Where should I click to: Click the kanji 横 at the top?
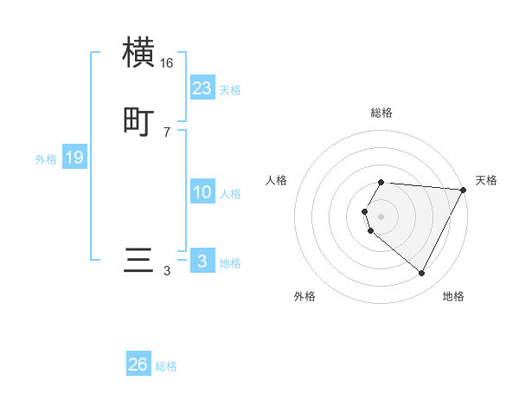point(139,53)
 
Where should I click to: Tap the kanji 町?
point(139,121)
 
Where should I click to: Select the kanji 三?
point(139,261)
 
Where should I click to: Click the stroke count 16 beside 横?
point(167,63)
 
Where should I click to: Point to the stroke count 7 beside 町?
point(167,132)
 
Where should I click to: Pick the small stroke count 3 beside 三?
point(167,271)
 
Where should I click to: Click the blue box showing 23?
point(202,88)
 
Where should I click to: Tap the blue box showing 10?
point(202,192)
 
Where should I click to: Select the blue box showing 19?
point(74,158)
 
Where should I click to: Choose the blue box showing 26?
point(138,365)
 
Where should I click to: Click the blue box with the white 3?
point(202,262)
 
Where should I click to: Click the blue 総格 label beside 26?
point(166,366)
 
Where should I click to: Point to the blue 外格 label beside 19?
point(46,159)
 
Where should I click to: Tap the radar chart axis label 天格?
point(486,180)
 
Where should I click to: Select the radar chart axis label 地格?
point(453,296)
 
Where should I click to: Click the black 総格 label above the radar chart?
point(381,113)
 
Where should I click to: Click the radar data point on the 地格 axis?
point(421,273)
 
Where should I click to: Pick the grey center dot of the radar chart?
point(381,216)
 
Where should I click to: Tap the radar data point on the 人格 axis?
point(365,211)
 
